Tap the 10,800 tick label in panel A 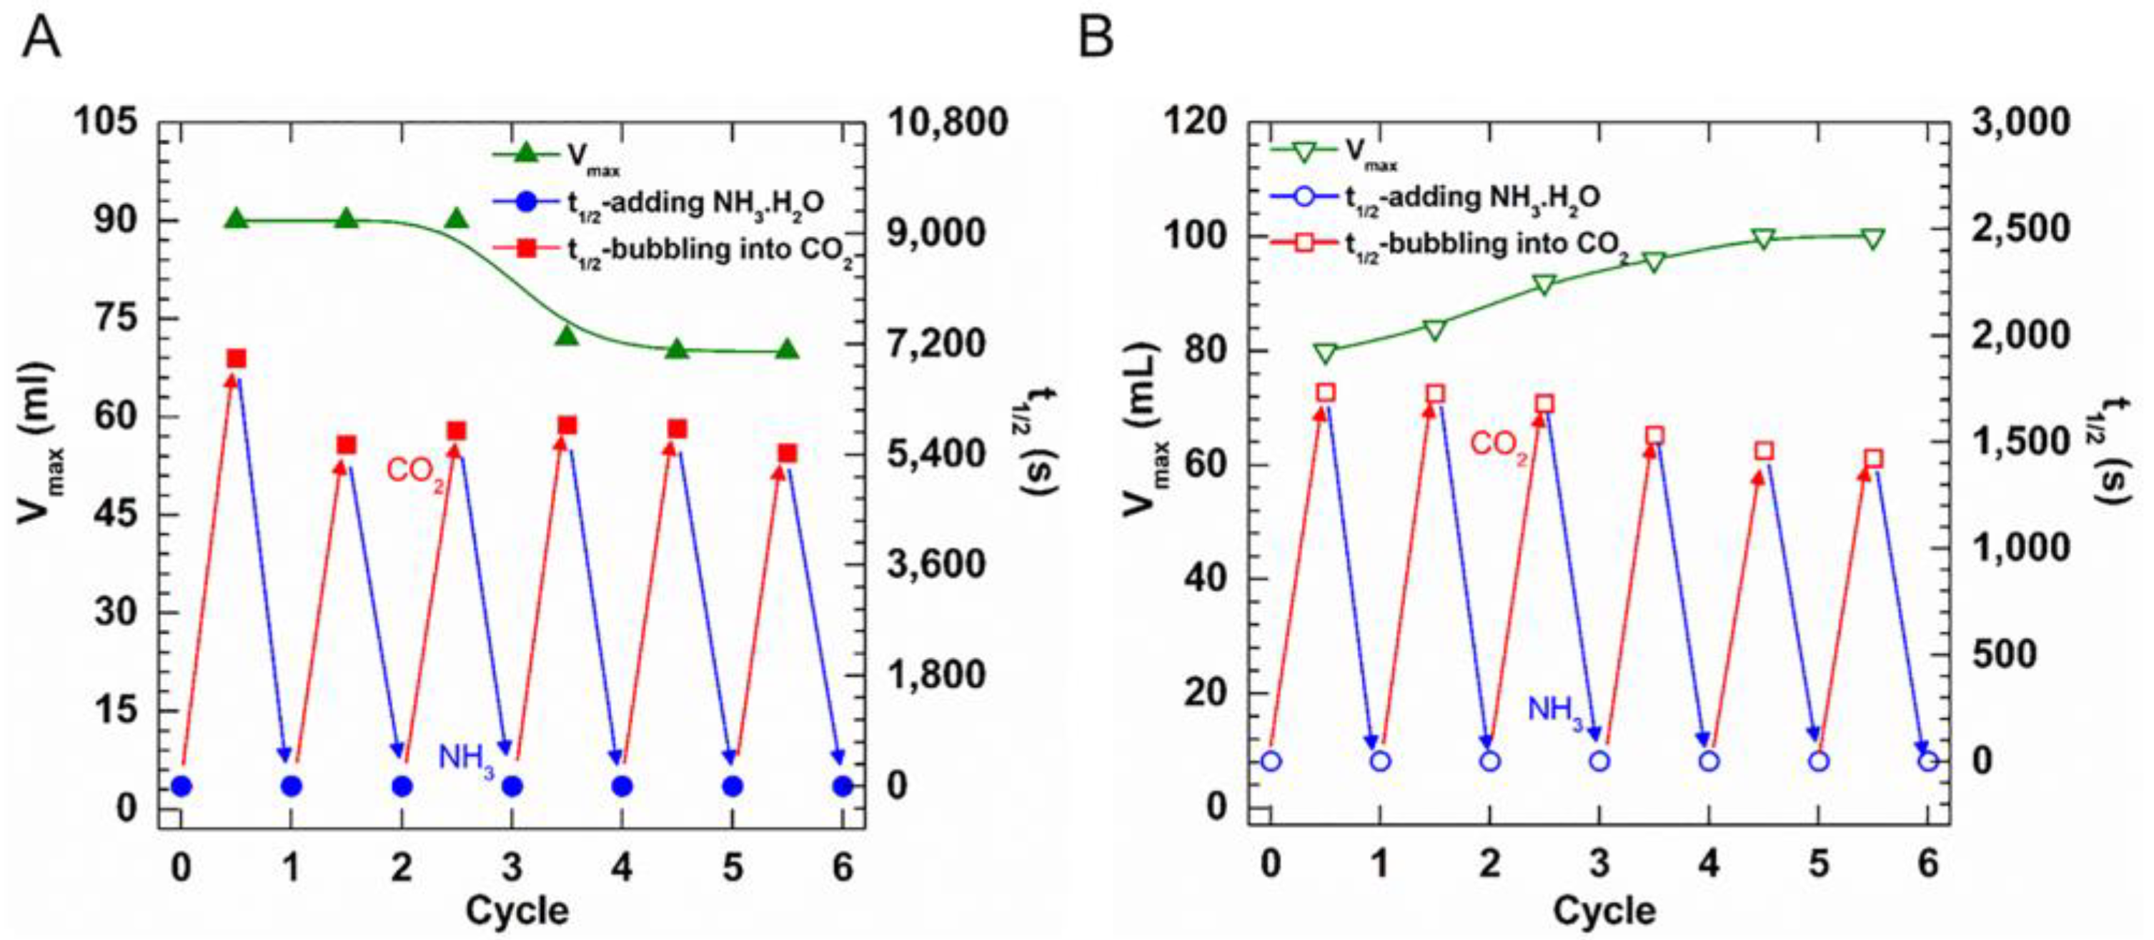(948, 123)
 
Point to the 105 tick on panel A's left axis (106, 123)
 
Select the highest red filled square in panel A (237, 359)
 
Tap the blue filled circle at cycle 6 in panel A (842, 786)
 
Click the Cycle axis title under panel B (1604, 911)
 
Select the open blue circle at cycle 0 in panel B (1271, 761)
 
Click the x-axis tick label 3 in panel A (512, 867)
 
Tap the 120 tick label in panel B (1196, 123)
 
